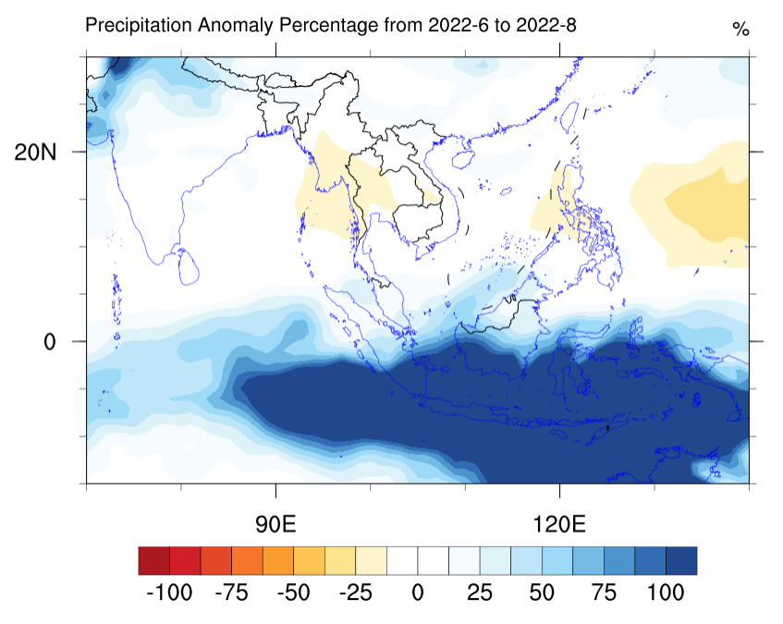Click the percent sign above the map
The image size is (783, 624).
tap(740, 30)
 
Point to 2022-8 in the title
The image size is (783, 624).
tap(548, 25)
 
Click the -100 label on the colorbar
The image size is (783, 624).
tap(170, 593)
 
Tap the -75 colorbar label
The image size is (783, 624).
tap(232, 593)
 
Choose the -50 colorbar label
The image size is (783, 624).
tap(294, 593)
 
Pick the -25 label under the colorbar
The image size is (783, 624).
tap(356, 593)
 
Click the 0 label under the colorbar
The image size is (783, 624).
tap(417, 593)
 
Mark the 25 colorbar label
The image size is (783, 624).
tap(479, 593)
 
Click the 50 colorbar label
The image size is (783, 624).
tap(542, 593)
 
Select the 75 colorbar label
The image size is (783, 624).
tap(604, 593)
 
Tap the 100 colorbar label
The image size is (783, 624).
tap(666, 593)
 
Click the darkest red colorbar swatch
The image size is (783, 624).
tap(153, 561)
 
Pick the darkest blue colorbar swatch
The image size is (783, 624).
tap(681, 561)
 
